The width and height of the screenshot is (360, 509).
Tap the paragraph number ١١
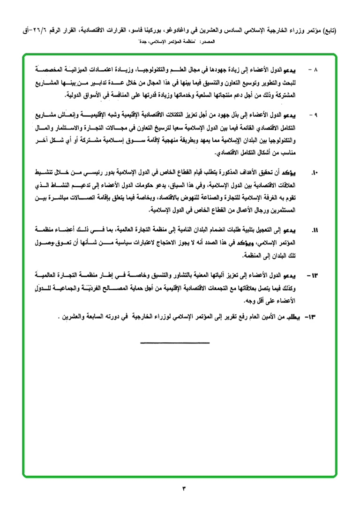point(315,230)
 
